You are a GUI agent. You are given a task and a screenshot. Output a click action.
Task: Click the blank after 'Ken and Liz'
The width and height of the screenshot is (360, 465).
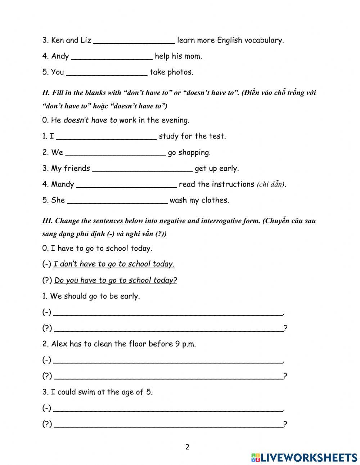click(134, 41)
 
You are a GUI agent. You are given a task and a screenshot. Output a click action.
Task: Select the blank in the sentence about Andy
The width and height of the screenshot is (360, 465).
click(112, 57)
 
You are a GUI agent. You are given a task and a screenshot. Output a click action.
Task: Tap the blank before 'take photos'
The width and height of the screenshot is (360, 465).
click(107, 72)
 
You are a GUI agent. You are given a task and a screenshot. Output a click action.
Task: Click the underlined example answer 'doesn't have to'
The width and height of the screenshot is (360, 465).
click(90, 120)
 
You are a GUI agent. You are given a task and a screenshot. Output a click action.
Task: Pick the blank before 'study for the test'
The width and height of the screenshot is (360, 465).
click(107, 137)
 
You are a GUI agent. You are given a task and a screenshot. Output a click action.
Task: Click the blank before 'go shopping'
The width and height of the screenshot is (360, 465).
click(116, 153)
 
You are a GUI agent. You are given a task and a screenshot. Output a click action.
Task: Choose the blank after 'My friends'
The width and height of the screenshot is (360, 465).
click(143, 169)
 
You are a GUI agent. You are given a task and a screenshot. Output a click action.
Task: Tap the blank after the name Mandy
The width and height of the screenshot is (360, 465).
click(127, 185)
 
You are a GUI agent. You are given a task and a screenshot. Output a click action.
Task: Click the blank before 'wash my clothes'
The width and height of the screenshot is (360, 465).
click(117, 201)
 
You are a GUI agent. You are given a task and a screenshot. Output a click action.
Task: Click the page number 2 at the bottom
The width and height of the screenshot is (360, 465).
click(187, 447)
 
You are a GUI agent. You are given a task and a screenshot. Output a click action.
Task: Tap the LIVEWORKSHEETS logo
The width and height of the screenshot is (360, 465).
click(304, 457)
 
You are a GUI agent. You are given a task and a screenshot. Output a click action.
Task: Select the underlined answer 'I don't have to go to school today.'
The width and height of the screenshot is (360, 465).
click(114, 264)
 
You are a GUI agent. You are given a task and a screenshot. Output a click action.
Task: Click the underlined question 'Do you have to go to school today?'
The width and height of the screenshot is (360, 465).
click(116, 280)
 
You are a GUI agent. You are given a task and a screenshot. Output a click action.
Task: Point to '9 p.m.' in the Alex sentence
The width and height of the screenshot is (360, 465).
click(185, 344)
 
